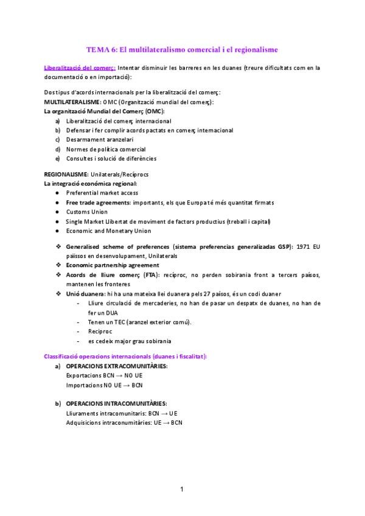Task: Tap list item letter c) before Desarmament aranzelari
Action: [58, 139]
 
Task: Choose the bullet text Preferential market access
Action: [102, 193]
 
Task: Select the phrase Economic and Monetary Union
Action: [109, 231]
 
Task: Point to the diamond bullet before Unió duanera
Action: [58, 294]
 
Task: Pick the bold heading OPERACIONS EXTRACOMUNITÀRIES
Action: [117, 366]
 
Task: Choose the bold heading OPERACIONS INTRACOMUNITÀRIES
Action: [116, 403]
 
